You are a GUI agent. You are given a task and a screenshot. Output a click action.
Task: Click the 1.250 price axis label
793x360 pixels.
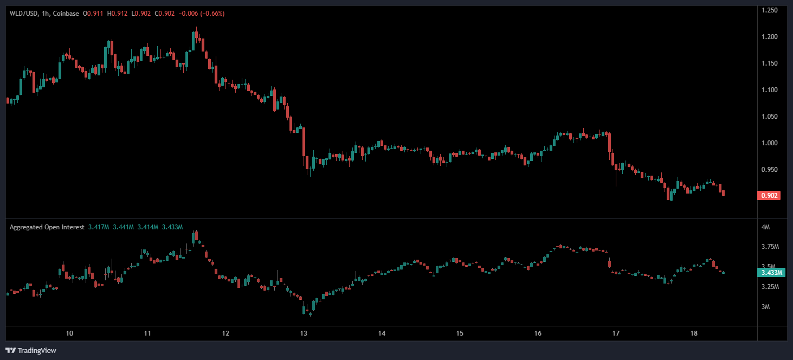(770, 10)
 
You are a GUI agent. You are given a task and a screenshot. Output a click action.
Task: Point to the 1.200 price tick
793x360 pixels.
(770, 37)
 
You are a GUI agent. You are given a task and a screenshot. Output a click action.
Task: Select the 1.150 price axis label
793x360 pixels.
(770, 63)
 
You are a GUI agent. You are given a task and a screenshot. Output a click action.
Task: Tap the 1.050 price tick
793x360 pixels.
(770, 117)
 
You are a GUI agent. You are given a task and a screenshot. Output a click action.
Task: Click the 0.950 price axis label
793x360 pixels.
(770, 170)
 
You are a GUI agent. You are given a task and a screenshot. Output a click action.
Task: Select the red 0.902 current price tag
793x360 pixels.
(769, 196)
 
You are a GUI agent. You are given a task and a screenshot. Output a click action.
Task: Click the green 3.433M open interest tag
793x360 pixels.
(772, 273)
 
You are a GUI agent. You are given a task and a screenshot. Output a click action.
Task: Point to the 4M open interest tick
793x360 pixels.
(765, 227)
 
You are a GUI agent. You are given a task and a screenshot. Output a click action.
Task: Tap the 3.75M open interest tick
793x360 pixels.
(770, 247)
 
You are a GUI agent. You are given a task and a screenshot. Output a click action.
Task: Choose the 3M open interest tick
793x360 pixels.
(765, 307)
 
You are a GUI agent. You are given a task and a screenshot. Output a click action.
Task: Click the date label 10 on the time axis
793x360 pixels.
(69, 333)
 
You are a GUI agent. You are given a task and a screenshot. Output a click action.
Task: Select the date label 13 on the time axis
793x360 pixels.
(304, 333)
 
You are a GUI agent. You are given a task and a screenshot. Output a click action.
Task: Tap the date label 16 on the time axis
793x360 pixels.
(538, 333)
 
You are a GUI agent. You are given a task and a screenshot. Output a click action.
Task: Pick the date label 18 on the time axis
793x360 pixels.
(694, 333)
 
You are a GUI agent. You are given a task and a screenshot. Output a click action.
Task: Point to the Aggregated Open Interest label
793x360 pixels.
(47, 227)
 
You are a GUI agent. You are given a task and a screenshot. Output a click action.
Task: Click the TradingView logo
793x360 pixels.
(31, 350)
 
